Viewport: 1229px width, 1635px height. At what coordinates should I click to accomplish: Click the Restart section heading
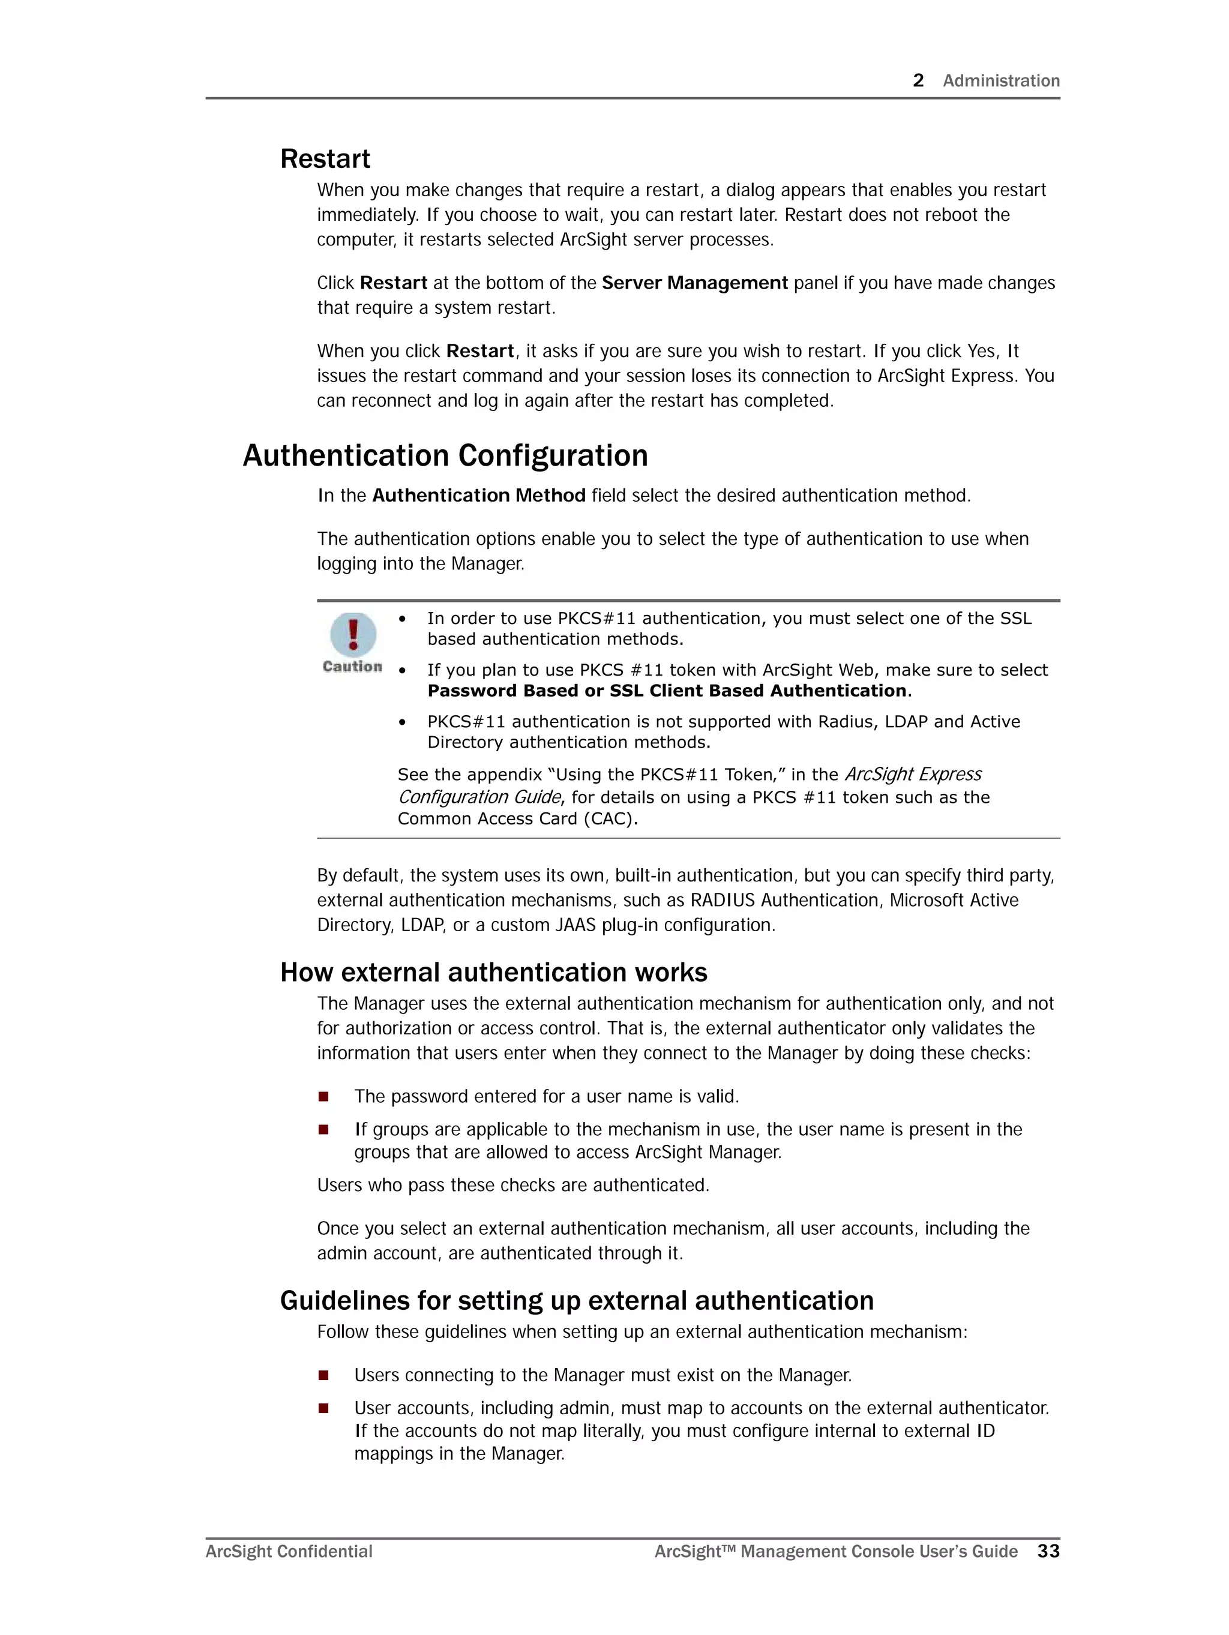[x=325, y=159]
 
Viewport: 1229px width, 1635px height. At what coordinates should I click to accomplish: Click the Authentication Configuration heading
[x=445, y=455]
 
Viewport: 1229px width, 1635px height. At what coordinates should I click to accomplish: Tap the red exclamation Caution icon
[x=353, y=634]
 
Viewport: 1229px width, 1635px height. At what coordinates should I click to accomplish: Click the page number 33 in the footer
[x=1048, y=1551]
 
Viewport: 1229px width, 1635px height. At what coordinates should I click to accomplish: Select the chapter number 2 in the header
[x=918, y=80]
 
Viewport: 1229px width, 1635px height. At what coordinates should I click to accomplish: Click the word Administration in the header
[x=1000, y=80]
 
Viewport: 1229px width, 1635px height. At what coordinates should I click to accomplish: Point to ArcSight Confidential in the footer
[x=289, y=1552]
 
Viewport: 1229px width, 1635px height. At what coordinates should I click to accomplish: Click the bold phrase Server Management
[x=694, y=283]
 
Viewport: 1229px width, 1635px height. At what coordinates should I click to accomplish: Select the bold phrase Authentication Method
[x=478, y=495]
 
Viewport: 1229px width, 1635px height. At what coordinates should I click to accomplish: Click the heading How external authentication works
[x=493, y=972]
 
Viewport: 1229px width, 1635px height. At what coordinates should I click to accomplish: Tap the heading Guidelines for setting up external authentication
[x=576, y=1300]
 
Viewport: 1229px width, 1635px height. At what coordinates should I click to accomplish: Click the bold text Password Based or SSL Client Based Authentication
[x=667, y=691]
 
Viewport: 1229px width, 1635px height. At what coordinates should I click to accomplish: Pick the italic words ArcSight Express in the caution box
[x=913, y=774]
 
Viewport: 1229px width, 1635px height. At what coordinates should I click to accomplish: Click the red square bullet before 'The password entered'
[x=323, y=1096]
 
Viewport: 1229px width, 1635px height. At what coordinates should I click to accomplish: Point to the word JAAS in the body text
[x=574, y=925]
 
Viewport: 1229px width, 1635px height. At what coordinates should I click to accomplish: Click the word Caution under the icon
[x=352, y=667]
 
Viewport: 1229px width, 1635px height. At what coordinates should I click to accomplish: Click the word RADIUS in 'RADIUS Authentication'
[x=723, y=900]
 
